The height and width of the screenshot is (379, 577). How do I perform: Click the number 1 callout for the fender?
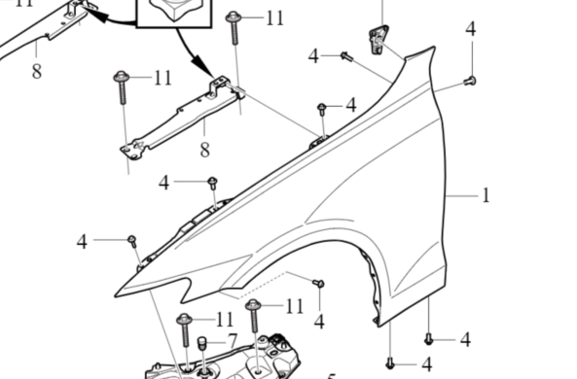pos(485,195)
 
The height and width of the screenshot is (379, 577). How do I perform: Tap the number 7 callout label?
pos(232,340)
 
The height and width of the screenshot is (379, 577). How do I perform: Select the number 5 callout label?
pos(330,376)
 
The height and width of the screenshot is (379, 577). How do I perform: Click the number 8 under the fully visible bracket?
pos(204,150)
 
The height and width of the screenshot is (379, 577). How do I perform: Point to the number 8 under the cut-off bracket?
pos(36,70)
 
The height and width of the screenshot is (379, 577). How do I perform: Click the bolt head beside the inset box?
pos(234,17)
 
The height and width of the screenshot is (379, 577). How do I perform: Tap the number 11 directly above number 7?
pos(225,319)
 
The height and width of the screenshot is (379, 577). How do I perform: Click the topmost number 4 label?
pos(470,29)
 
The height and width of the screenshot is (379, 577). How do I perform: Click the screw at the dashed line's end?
pos(318,282)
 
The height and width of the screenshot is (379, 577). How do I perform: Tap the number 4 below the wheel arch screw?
pos(319,321)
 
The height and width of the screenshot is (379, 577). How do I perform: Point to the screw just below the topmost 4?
pos(470,80)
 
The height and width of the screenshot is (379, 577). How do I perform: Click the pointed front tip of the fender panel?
pos(116,293)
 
